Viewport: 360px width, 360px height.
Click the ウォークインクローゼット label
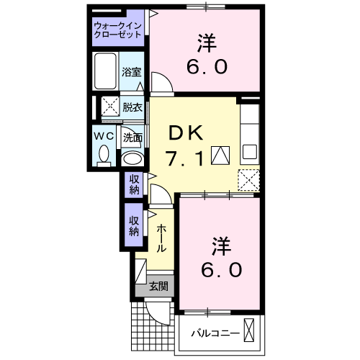tap(118, 32)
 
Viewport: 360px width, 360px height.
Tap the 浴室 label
tap(131, 73)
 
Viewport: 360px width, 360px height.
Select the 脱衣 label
tap(132, 107)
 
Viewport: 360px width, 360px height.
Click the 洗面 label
tap(132, 137)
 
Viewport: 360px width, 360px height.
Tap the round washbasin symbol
tap(132, 158)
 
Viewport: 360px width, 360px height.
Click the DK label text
tap(187, 132)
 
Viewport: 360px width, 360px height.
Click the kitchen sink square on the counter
tap(249, 151)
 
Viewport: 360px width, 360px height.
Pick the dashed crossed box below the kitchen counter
tap(248, 178)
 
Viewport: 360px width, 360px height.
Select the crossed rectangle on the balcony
tap(249, 330)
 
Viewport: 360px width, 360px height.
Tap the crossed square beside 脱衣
tap(109, 107)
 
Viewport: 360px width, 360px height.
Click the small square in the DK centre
tap(220, 153)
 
